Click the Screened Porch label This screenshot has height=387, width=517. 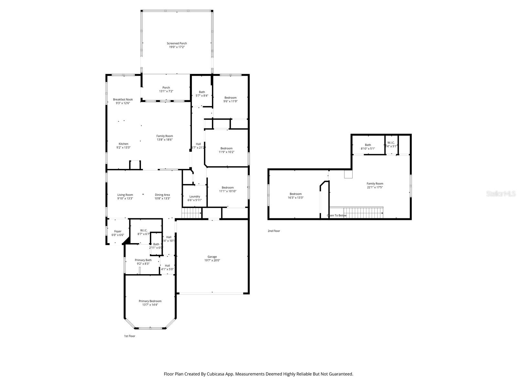177,43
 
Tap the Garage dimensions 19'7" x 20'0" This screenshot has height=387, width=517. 212,261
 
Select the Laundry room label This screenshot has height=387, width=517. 195,196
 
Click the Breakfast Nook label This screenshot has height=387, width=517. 123,99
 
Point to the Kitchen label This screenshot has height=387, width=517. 123,144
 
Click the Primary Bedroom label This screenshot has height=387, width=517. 150,301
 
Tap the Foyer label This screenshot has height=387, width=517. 118,231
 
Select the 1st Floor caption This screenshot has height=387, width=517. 130,336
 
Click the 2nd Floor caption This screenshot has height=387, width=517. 274,231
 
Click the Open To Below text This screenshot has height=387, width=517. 337,215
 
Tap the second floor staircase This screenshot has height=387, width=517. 359,213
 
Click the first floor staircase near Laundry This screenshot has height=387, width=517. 191,213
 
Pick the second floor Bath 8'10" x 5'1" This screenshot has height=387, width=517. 368,145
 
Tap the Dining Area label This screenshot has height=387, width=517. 162,194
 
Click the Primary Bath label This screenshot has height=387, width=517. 143,260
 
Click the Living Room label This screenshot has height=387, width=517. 125,194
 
